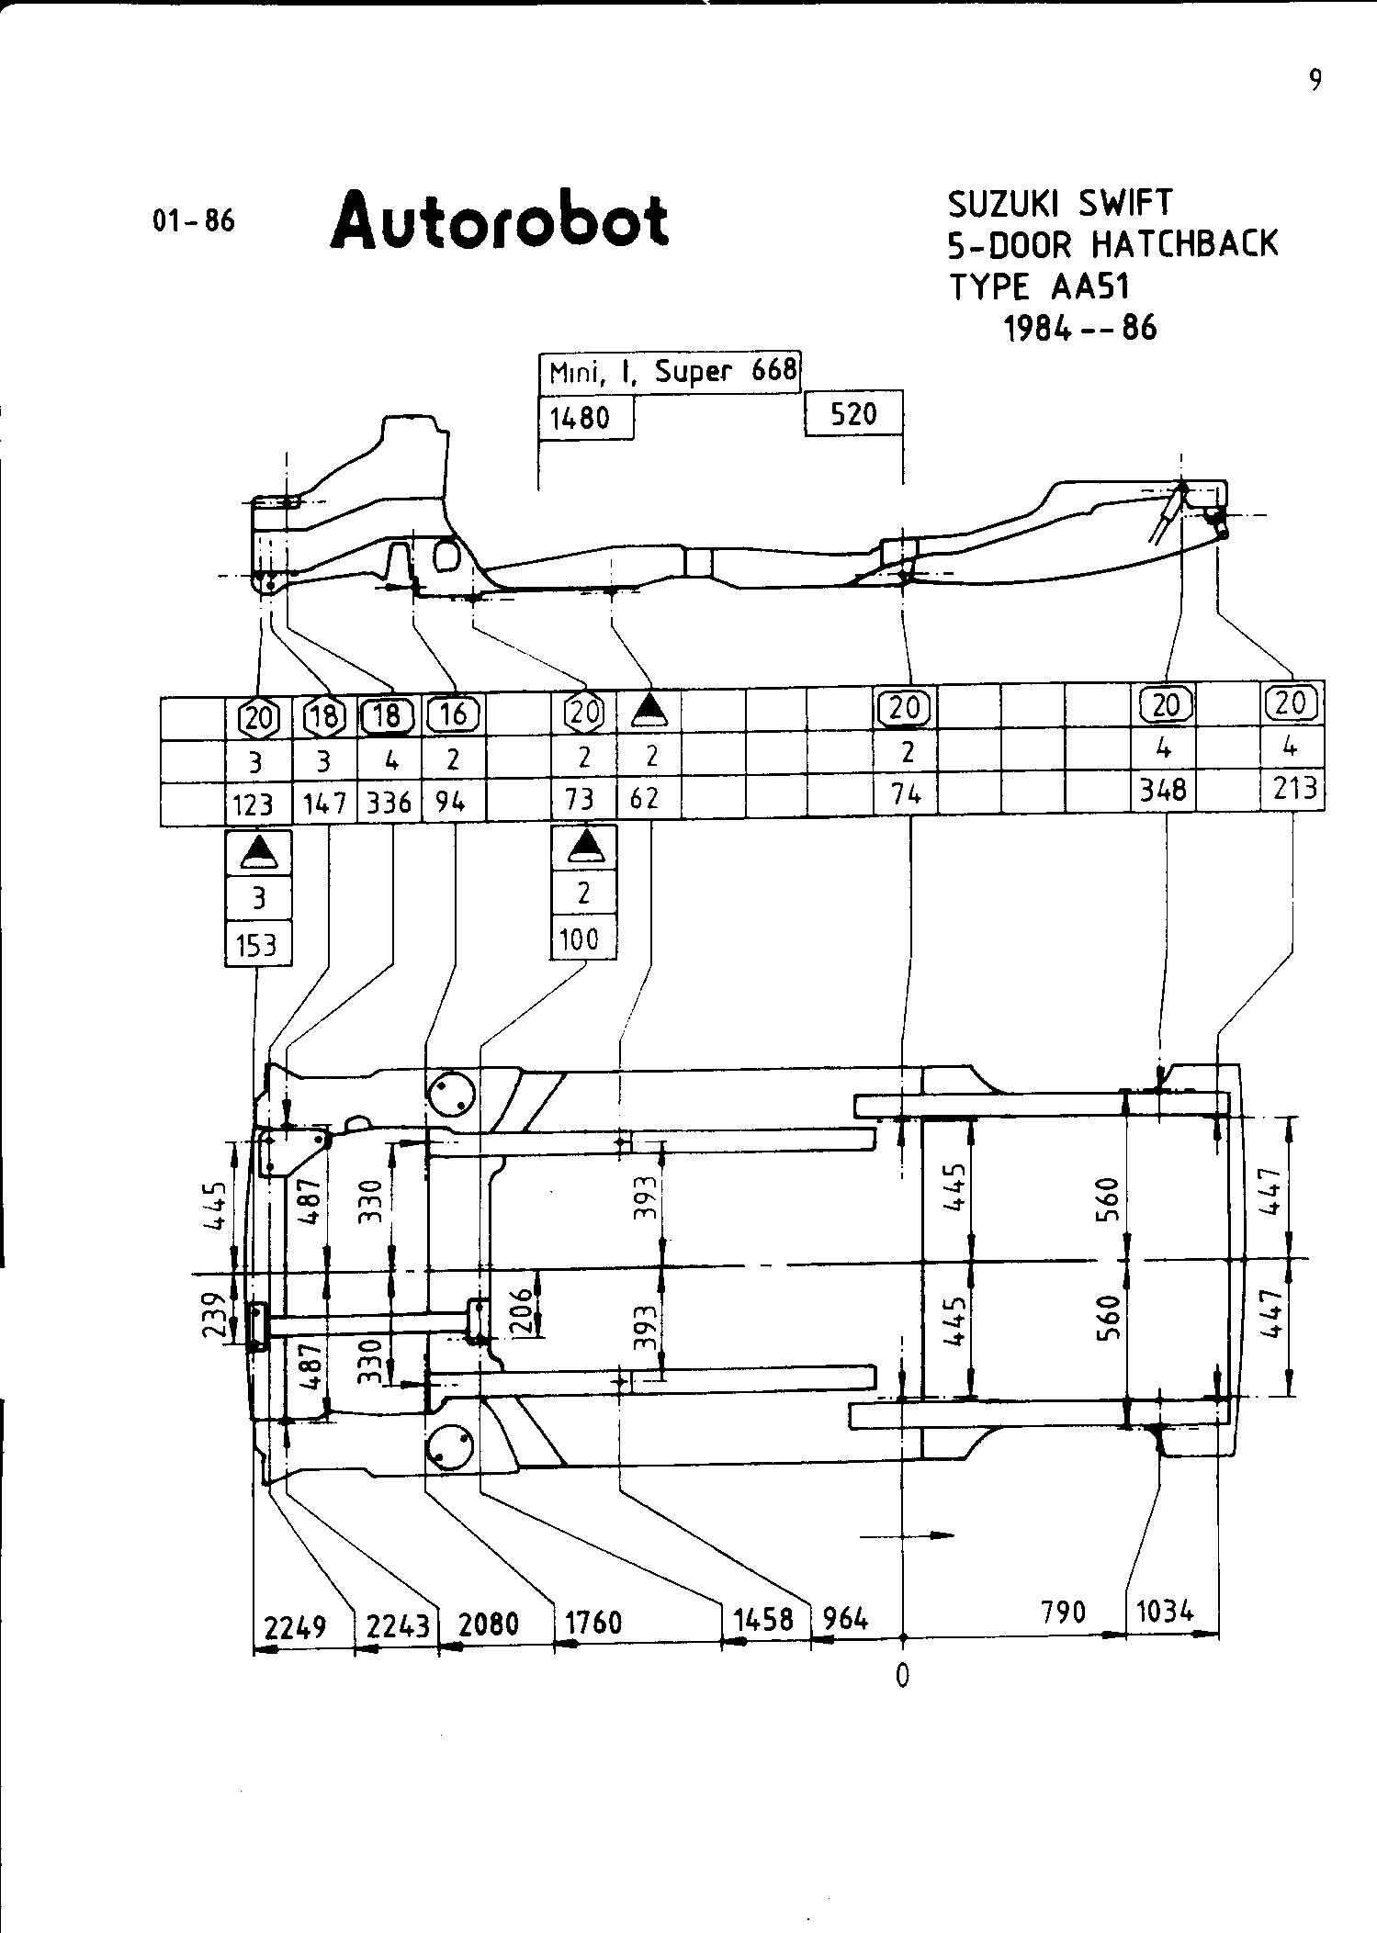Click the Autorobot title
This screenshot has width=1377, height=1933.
[500, 221]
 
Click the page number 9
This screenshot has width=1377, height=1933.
[1315, 82]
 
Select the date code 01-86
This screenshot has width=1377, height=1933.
[194, 221]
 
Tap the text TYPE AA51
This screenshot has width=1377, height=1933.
[1039, 287]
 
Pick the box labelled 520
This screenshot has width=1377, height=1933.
[853, 414]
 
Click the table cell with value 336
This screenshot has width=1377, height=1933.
[389, 803]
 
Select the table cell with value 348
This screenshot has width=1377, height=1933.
[1163, 790]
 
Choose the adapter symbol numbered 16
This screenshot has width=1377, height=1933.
[454, 714]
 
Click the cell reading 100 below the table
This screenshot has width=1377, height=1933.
[580, 939]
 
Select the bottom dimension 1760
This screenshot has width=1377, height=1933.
[593, 1623]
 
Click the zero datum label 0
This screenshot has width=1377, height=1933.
[903, 1675]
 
